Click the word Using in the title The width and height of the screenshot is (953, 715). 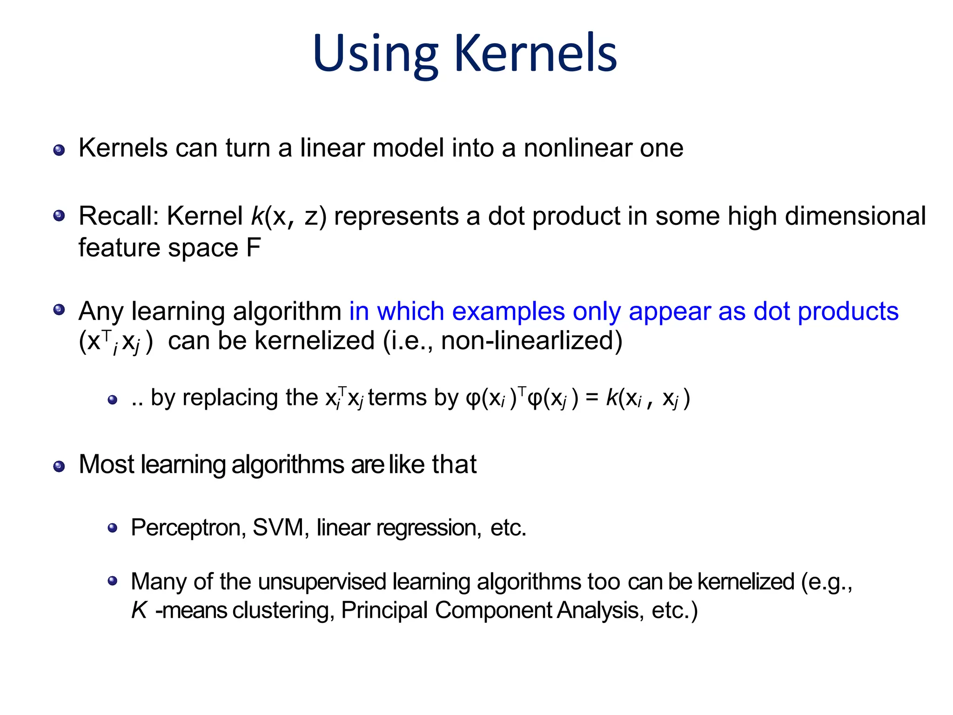[x=375, y=55]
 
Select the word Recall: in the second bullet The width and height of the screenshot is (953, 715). [x=119, y=216]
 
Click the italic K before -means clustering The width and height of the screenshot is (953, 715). [x=139, y=610]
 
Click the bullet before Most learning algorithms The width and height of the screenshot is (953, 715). [x=59, y=466]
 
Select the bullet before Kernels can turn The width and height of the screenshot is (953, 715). [x=59, y=150]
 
